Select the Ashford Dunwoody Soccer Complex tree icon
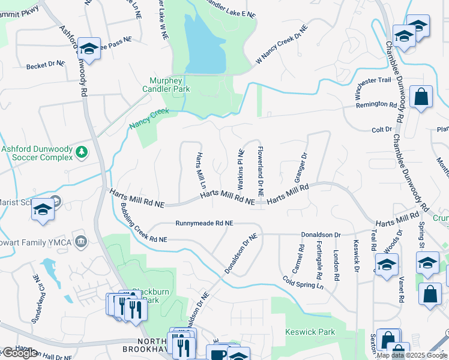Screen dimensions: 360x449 click(82, 153)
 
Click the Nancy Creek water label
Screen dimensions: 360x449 click(149, 119)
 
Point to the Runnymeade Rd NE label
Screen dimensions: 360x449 click(204, 223)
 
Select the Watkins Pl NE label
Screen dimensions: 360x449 click(241, 166)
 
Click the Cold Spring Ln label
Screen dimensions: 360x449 click(303, 282)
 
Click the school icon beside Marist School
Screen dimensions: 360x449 click(43, 209)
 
